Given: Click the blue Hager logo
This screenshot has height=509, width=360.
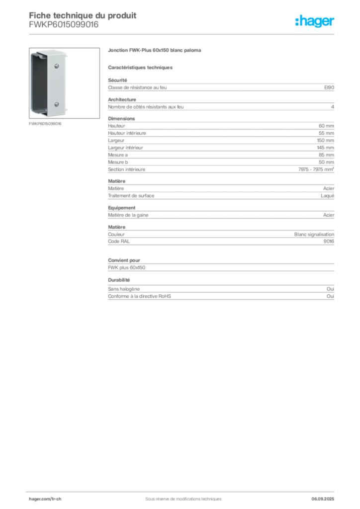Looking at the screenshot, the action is (315, 22).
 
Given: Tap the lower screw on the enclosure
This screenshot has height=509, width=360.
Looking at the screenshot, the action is (57, 104).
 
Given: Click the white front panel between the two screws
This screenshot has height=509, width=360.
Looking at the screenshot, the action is (56, 85).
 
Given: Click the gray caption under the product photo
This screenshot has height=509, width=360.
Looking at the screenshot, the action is (45, 124).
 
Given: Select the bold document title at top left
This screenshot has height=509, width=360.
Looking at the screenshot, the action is (82, 15).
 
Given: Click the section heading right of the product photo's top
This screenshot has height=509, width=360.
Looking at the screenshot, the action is (155, 51).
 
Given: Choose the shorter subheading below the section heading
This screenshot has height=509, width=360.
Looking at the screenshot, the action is (141, 67).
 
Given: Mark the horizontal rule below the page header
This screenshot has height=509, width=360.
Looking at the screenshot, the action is (182, 34).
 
